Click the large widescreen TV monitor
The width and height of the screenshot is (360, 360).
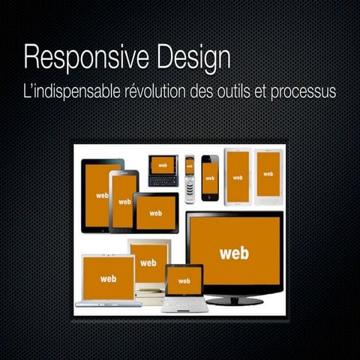234,251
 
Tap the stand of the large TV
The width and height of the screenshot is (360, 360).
234,299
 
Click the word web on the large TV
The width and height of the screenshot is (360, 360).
234,253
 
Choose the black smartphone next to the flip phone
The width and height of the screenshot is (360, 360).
210,178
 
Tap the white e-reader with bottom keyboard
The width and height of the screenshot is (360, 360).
268,177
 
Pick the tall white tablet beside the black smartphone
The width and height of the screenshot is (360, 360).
238,176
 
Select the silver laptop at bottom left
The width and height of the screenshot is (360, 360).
108,282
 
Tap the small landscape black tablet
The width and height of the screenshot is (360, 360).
156,213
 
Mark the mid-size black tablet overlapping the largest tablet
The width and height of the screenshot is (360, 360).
124,200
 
